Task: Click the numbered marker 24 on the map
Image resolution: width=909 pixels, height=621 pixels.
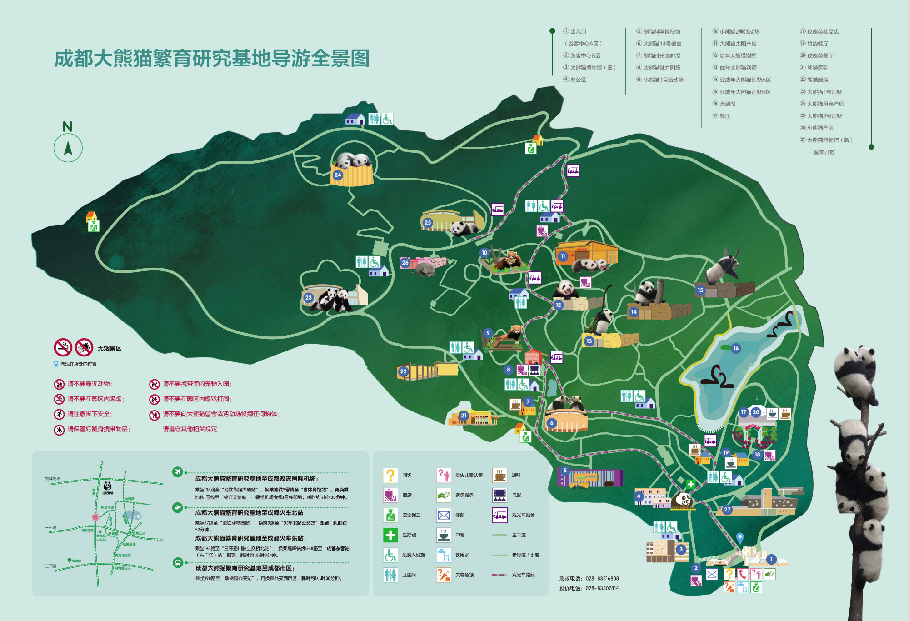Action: coord(338,175)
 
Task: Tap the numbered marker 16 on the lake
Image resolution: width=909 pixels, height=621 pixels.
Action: coord(736,348)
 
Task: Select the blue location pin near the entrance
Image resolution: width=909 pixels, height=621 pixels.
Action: coord(740,538)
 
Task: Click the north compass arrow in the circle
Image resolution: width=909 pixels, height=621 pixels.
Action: coord(68,148)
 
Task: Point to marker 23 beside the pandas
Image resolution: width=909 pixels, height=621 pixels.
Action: coord(309,298)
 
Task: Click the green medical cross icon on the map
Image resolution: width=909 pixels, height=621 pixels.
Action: coord(691,484)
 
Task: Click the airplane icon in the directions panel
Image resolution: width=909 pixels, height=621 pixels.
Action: coord(177,472)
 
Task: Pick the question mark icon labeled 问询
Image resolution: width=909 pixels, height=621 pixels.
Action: coord(390,475)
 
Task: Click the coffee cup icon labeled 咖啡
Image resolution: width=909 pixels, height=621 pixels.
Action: coord(499,475)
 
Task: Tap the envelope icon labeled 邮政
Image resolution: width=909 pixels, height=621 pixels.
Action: coord(444,515)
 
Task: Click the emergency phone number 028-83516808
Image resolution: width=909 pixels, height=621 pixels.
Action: coord(602,579)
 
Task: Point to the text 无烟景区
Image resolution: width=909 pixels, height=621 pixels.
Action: coord(110,348)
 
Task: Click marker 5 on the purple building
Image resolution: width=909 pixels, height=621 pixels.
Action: coord(565,471)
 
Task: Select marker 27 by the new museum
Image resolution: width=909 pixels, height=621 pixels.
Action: coord(727,510)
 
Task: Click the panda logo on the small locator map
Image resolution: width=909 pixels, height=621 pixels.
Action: coord(108,486)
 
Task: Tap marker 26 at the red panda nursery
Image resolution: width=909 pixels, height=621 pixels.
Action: coord(405,263)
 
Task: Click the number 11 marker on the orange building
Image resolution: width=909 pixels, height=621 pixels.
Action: coord(563,256)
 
